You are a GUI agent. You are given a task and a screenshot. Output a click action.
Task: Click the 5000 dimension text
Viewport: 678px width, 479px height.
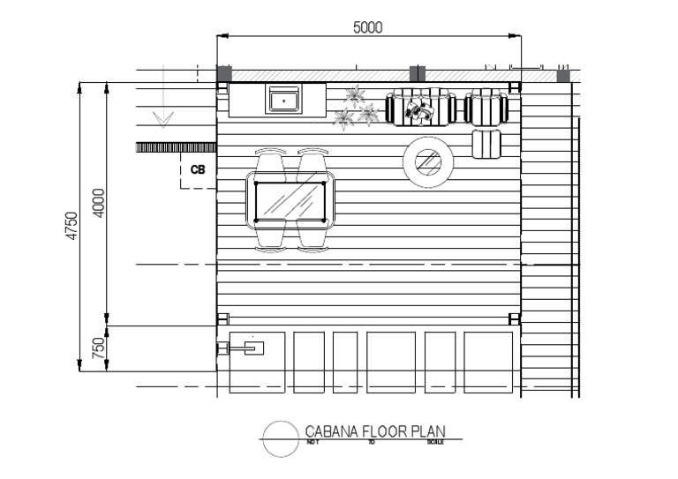[367, 27]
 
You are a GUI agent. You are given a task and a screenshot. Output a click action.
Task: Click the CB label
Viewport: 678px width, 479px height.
[198, 168]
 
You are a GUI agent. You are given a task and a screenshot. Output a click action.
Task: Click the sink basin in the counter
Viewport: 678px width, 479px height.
[283, 100]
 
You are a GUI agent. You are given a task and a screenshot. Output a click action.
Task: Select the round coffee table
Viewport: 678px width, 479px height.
[428, 161]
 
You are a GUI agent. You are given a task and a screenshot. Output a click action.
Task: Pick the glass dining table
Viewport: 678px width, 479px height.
[290, 200]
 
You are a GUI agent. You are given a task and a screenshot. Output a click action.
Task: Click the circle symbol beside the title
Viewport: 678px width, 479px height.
[280, 438]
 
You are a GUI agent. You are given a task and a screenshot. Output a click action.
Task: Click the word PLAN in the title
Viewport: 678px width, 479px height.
[426, 431]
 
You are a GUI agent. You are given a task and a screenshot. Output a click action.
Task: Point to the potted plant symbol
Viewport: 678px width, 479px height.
[356, 106]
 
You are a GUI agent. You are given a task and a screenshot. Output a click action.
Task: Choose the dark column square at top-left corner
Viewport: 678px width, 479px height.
[224, 74]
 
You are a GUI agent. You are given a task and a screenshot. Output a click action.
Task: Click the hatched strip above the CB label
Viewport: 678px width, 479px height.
[176, 147]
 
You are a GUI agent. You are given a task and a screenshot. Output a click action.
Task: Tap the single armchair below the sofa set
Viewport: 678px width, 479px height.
[486, 143]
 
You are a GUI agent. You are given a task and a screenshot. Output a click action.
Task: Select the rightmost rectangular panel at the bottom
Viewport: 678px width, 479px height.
[488, 362]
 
